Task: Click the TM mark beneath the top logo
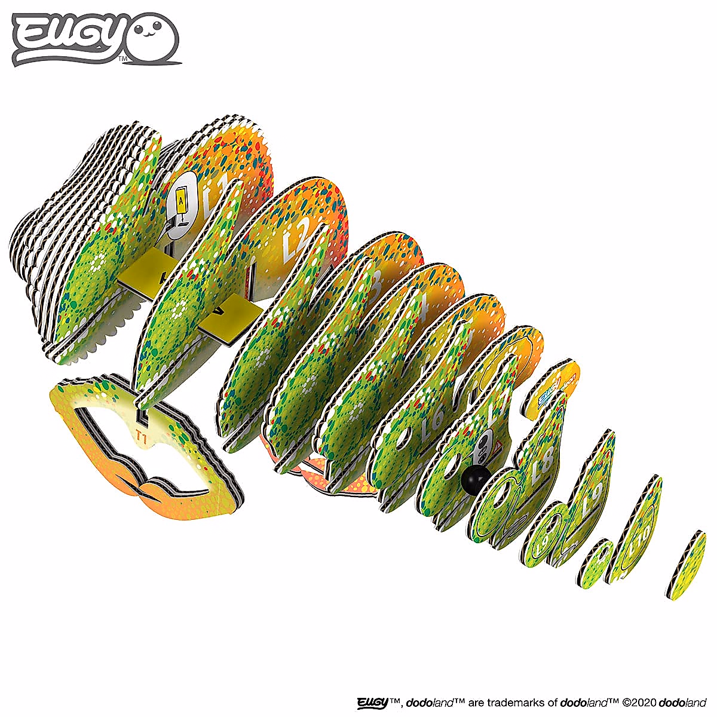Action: pos(122,59)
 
